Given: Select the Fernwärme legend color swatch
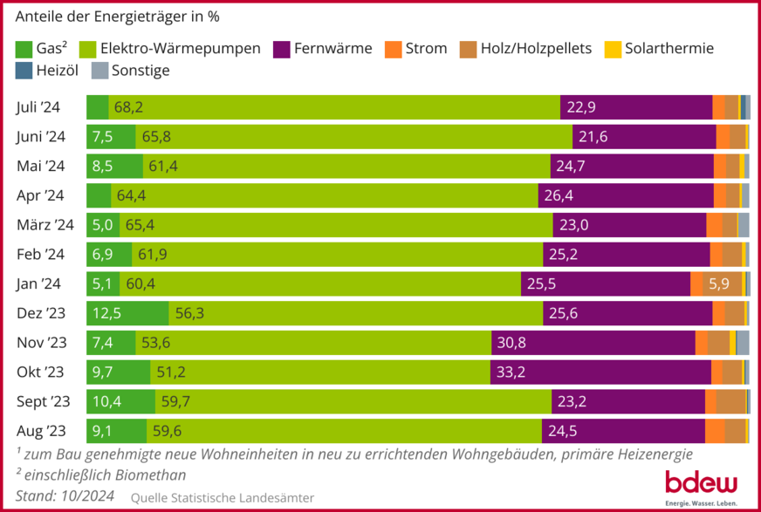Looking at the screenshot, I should pyautogui.click(x=282, y=49).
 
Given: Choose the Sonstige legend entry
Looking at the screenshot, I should pyautogui.click(x=141, y=71).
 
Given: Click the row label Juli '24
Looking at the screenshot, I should pyautogui.click(x=38, y=107).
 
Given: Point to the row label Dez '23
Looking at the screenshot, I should pyautogui.click(x=40, y=313).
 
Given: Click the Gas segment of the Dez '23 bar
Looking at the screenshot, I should pyautogui.click(x=127, y=313).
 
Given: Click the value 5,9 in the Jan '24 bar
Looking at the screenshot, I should pyautogui.click(x=719, y=283).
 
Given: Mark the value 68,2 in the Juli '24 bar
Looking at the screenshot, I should pyautogui.click(x=128, y=107).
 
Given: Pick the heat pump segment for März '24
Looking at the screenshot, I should pyautogui.click(x=336, y=225).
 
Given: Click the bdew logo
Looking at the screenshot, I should pyautogui.click(x=701, y=486).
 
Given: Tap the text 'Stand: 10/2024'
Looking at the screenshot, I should pyautogui.click(x=64, y=496).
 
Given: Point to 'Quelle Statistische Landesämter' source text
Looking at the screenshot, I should pyautogui.click(x=222, y=497).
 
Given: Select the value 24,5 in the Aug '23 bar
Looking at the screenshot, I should pyautogui.click(x=562, y=431).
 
